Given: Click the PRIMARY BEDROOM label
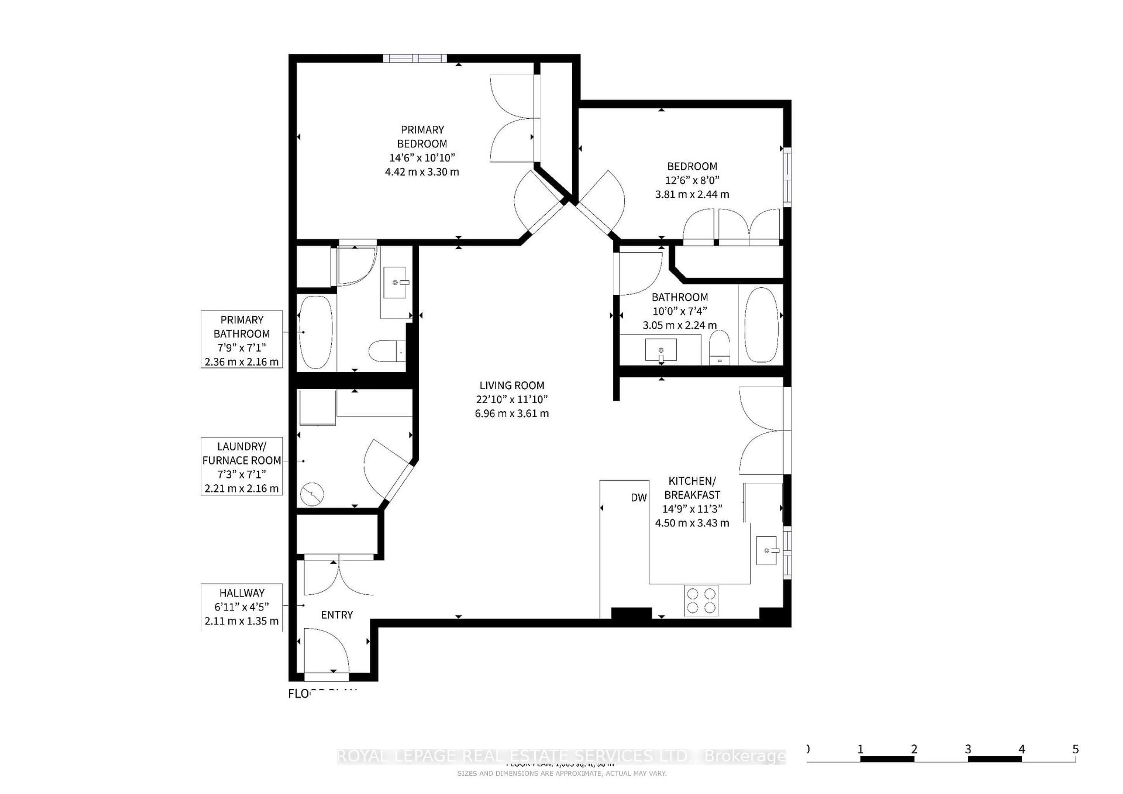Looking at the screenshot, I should [x=422, y=137].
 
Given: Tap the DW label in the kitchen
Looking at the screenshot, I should [x=638, y=498].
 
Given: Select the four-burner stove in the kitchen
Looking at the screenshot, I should [x=701, y=600].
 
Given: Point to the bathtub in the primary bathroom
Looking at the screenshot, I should [x=316, y=332].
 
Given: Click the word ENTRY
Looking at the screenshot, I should [x=337, y=615].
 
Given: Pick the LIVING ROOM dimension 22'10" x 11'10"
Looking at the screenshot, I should [x=511, y=399].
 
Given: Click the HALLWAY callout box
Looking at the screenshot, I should [x=242, y=607].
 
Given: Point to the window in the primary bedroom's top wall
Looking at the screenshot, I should [x=415, y=58].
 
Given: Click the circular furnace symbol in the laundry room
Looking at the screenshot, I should [x=311, y=494].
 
